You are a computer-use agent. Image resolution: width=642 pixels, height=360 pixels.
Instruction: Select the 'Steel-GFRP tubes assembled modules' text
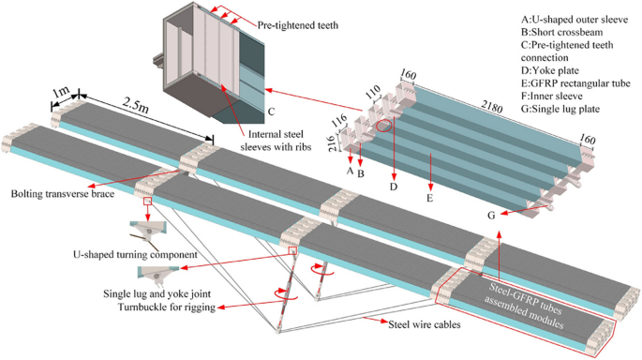pyautogui.click(x=530, y=296)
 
